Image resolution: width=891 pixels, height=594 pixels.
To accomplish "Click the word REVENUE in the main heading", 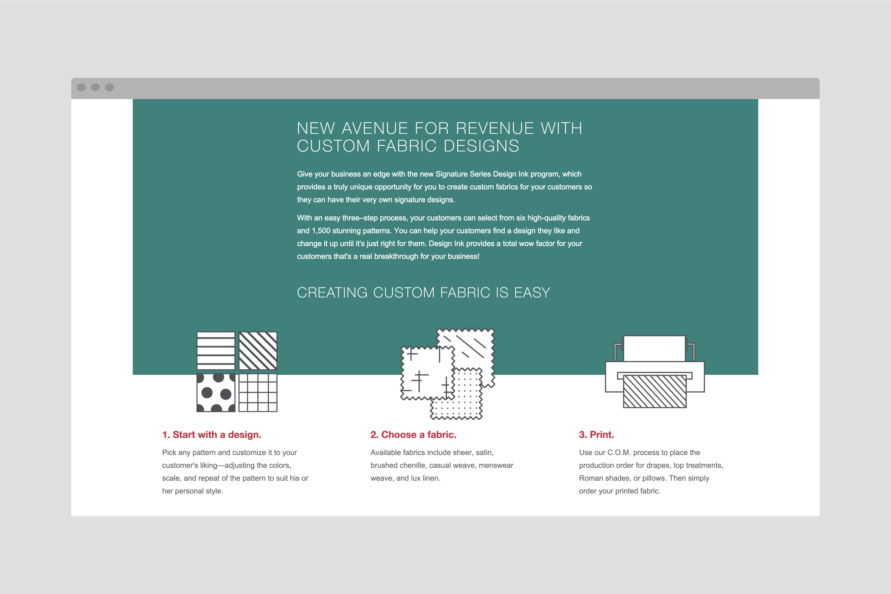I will [494, 129].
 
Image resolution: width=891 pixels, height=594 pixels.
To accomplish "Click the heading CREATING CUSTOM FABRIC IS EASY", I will [423, 293].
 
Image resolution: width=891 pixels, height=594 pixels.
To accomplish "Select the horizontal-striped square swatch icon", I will [216, 351].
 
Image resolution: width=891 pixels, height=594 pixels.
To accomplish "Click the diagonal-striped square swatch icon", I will [258, 351].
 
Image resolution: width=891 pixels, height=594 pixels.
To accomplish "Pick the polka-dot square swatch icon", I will [216, 393].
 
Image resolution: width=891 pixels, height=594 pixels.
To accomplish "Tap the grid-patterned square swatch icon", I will [258, 393].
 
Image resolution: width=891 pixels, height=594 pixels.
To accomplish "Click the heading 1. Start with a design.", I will [211, 434].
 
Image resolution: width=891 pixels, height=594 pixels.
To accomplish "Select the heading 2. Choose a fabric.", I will [413, 434].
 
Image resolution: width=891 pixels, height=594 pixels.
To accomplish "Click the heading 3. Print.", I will [596, 434].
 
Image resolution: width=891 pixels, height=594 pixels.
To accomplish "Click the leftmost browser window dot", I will [81, 88].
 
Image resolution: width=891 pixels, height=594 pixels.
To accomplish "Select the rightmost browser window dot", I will [109, 88].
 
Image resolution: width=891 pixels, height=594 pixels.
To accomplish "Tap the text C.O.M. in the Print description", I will [619, 453].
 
